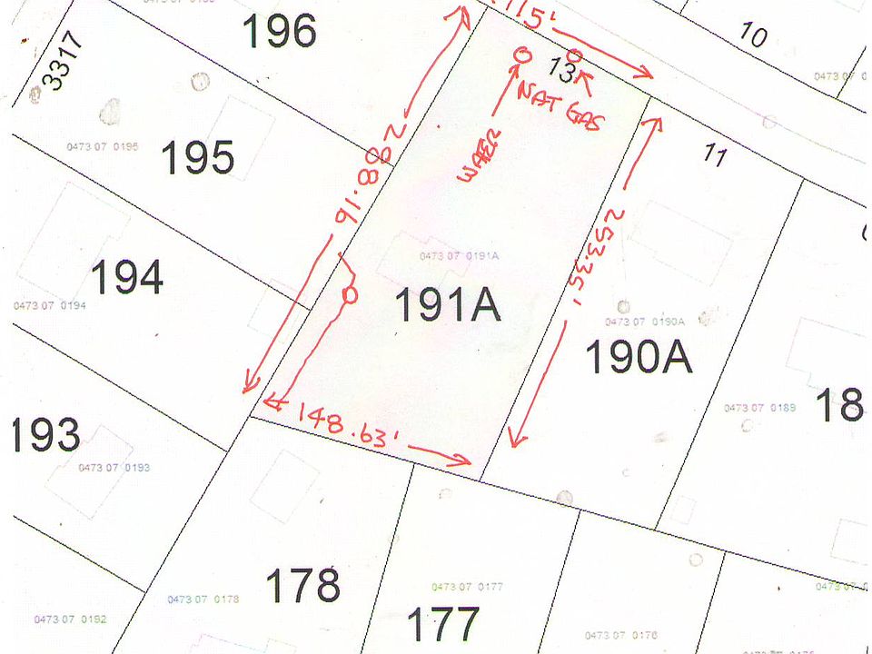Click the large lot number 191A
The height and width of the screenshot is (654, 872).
[x=448, y=306]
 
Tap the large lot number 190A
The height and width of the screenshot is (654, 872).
[x=639, y=357]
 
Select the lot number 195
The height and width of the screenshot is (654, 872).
[x=198, y=158]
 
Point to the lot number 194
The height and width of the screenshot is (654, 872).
[x=126, y=277]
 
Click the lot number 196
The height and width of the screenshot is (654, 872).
[x=279, y=32]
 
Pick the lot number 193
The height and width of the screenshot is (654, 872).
[x=45, y=436]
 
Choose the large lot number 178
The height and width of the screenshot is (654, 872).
[x=303, y=584]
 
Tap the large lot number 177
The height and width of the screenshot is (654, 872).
[x=442, y=624]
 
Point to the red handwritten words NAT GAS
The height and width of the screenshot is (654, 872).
[x=558, y=106]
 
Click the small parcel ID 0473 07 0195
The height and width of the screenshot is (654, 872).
[x=103, y=146]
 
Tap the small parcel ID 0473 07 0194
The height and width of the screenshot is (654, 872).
[x=50, y=305]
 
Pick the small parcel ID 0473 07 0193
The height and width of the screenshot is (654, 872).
[x=114, y=468]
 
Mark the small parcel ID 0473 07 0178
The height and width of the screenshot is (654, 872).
[x=203, y=599]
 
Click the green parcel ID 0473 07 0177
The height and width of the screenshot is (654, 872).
[x=468, y=587]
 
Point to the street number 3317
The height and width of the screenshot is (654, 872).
[x=64, y=61]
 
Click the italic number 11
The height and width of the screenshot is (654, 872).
[x=715, y=157]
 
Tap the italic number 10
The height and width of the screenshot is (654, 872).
[x=753, y=35]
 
